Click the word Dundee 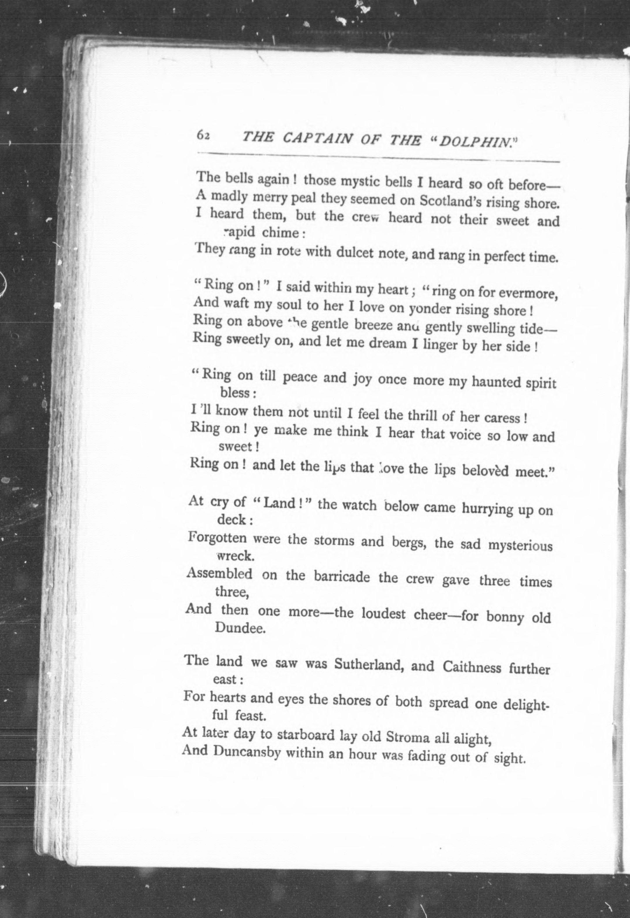(239, 628)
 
